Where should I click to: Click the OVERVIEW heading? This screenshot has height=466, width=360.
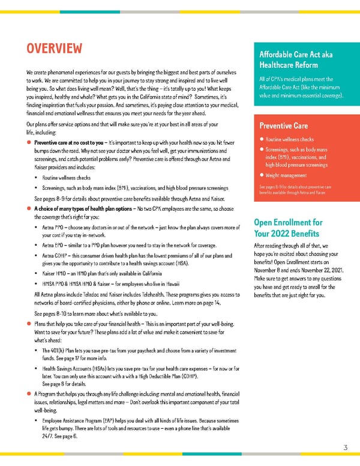(x=53, y=47)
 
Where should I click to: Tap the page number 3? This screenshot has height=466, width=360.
(x=346, y=447)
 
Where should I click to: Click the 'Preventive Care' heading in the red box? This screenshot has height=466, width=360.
(x=284, y=126)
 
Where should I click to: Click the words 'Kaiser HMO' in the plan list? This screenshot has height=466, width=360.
(x=56, y=273)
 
